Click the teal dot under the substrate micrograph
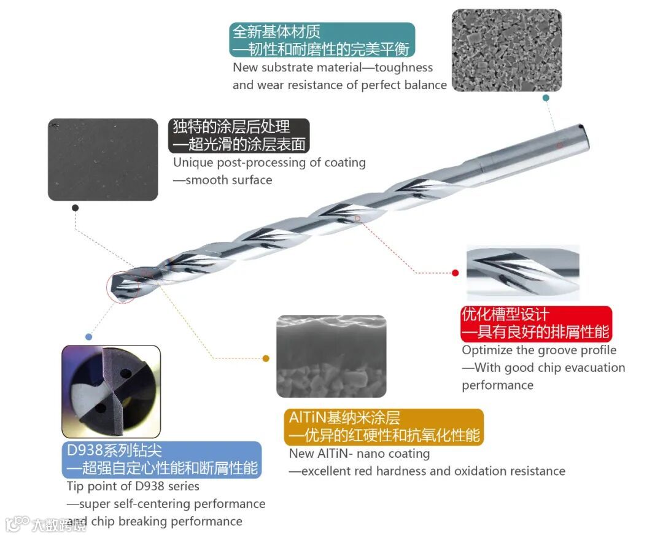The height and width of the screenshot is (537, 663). [x=546, y=98]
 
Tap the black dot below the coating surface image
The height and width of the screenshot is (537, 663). [x=75, y=208]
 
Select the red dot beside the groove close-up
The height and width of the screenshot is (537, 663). [x=455, y=272]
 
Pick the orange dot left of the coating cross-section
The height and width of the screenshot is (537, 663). [x=266, y=358]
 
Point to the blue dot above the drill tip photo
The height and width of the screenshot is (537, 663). [x=88, y=337]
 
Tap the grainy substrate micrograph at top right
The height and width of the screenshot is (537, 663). [x=506, y=50]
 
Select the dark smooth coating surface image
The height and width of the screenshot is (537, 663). [x=103, y=160]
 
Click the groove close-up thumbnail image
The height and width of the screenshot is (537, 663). [x=522, y=272]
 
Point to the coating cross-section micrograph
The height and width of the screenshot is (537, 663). [x=331, y=356]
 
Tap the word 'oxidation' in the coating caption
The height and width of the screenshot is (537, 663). [x=479, y=471]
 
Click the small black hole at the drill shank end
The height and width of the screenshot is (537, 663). [x=580, y=128]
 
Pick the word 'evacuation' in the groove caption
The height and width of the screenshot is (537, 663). [x=594, y=368]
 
